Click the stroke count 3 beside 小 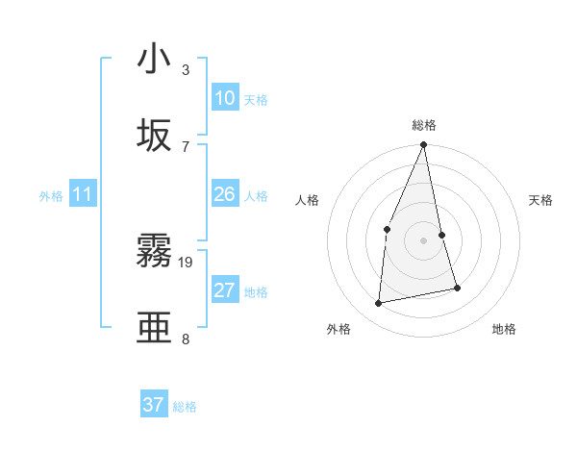[x=186, y=70]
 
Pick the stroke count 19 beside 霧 [x=186, y=262]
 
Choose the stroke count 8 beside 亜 [x=186, y=339]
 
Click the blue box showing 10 [x=225, y=98]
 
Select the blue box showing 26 [x=225, y=194]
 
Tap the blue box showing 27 [x=225, y=290]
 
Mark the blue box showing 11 [x=83, y=194]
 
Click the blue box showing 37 [x=154, y=405]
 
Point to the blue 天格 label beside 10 [x=256, y=100]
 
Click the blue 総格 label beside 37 [x=185, y=407]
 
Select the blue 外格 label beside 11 [x=51, y=196]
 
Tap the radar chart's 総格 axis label [x=423, y=125]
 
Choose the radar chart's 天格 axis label [x=541, y=200]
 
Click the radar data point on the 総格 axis [x=423, y=145]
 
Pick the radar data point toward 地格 [x=457, y=288]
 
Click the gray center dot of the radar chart [x=423, y=240]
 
